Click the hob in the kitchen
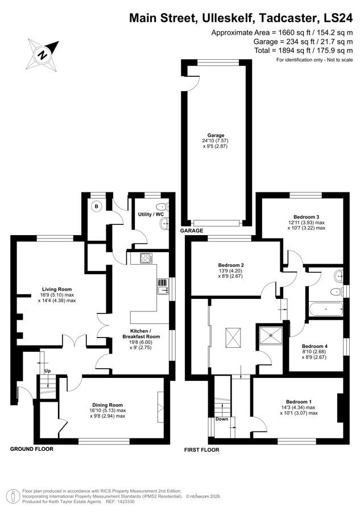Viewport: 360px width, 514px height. tap(146, 258)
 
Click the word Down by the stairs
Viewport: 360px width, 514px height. tap(222, 419)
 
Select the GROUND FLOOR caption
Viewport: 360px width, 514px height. tap(32, 449)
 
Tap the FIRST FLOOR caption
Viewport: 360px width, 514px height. tap(201, 450)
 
